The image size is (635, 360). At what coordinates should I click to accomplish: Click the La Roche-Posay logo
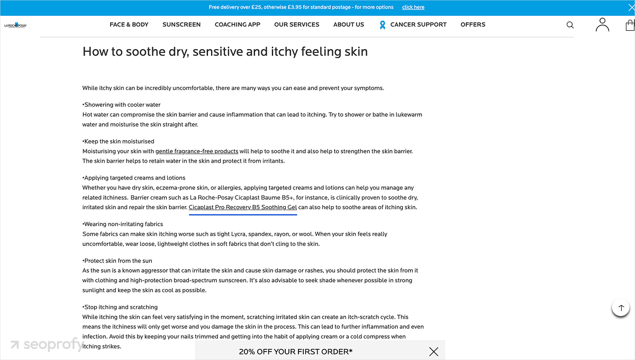pos(15,25)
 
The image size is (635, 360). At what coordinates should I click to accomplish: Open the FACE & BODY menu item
pos(129,24)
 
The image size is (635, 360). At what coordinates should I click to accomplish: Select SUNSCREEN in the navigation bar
pos(182,24)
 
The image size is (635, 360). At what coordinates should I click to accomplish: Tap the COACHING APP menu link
pos(238,24)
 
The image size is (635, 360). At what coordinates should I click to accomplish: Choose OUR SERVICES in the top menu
pos(297,24)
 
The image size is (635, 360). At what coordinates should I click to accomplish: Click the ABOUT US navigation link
pos(349,24)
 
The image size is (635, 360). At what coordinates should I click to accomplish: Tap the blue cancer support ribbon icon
pos(383,25)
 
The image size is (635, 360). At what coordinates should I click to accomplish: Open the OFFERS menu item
pos(473,24)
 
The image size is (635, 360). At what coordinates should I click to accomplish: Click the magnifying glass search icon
pos(570,25)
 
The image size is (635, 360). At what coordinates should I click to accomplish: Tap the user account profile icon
pos(602,24)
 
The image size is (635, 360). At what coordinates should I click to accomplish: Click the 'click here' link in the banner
pos(413,7)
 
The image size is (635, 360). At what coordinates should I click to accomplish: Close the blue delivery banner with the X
pos(630,7)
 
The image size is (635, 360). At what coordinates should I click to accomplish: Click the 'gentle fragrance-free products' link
pos(197,151)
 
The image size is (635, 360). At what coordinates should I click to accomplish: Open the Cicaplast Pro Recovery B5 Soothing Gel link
pos(243,208)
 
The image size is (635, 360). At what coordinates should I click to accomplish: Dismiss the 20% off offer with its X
pos(434,352)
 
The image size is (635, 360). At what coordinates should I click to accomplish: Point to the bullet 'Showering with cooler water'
pos(122,105)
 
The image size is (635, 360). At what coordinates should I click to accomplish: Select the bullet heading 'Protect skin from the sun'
pos(118,261)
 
